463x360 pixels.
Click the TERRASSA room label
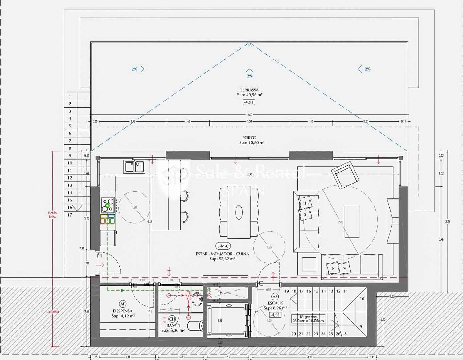pos(249,90)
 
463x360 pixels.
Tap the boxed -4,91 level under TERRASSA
pos(249,102)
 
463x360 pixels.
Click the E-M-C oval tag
pos(223,246)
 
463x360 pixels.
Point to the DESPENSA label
pos(122,311)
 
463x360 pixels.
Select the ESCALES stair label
pos(275,303)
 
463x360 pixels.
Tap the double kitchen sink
pos(134,167)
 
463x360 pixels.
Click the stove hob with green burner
pos(108,205)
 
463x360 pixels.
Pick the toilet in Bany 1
pos(196,325)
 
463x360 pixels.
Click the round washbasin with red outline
pos(197,299)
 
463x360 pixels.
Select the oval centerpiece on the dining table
pos(239,212)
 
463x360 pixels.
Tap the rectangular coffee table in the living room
pos(352,221)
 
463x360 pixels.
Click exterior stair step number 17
pos(70,215)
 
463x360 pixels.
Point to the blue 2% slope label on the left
pos(134,69)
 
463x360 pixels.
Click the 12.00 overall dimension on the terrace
pos(249,115)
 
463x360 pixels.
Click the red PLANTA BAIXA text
pos(52,215)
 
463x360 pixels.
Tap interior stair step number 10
pos(362,298)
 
